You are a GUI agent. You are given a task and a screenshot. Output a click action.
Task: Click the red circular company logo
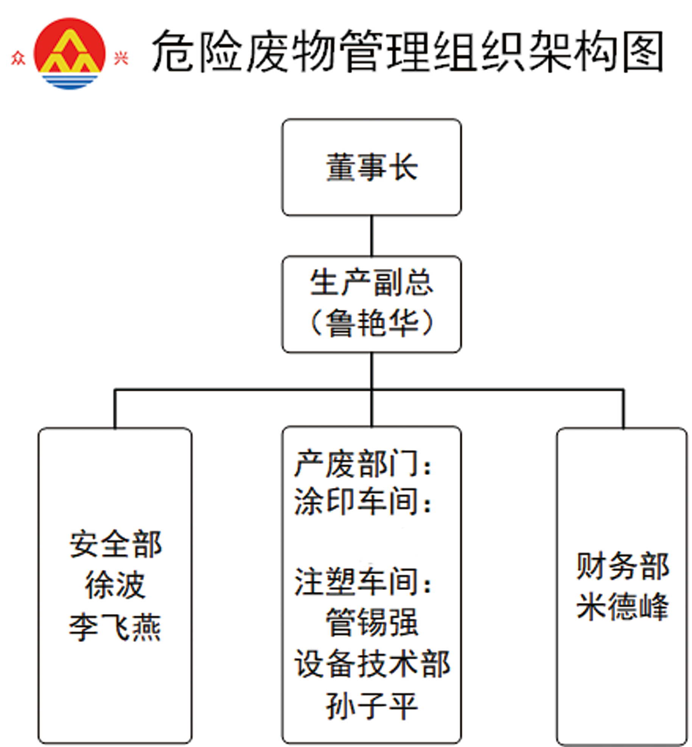coord(69,53)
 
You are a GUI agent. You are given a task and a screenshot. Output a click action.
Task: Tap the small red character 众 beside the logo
coord(18,58)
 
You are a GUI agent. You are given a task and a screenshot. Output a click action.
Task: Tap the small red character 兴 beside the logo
coord(121,58)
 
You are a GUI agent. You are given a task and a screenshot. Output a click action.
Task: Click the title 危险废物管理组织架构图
coord(407,51)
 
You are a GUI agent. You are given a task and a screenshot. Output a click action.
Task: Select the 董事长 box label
coord(372,167)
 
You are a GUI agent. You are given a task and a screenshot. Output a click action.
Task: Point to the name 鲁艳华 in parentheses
coord(372,322)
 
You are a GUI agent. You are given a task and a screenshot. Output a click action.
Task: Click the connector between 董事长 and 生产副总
coord(372,236)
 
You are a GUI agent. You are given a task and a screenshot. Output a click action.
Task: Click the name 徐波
coord(115,585)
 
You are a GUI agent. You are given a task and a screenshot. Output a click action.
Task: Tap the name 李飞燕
coord(115,627)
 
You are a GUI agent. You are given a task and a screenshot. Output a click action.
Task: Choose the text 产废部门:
coord(363,464)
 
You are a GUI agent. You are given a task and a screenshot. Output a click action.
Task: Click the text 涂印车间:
coord(363,501)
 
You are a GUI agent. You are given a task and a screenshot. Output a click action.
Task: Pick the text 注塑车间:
coord(363,581)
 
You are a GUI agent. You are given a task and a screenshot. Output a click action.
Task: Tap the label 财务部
coord(622,566)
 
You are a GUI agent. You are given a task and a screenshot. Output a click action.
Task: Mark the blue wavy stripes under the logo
coord(69,81)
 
